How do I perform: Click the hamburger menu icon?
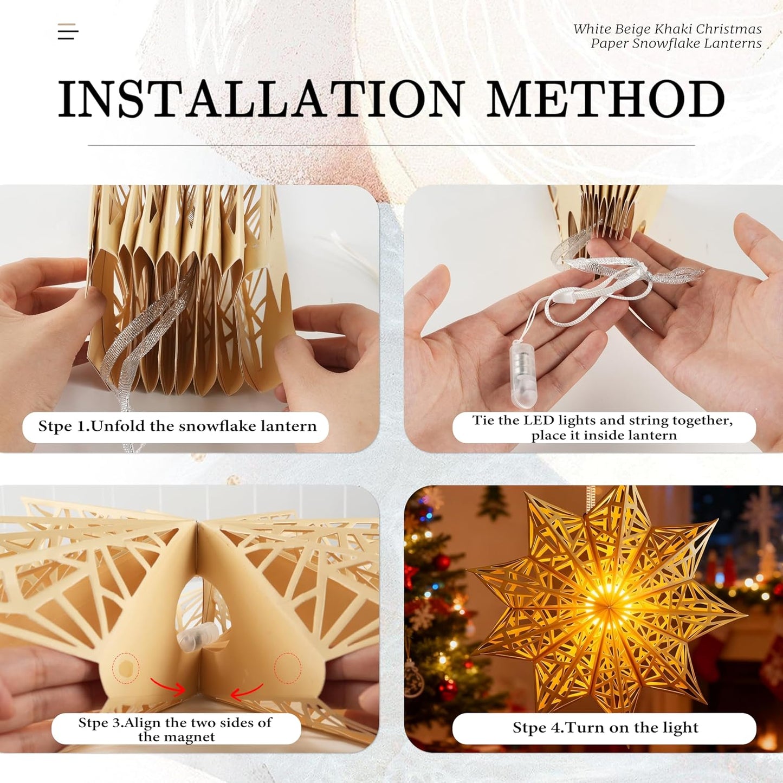pyautogui.click(x=68, y=31)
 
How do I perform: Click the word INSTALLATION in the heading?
pyautogui.click(x=261, y=99)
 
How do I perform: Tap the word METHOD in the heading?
pyautogui.click(x=605, y=99)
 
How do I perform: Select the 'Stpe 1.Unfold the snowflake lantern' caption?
pyautogui.click(x=177, y=426)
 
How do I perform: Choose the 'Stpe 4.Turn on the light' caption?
pyautogui.click(x=605, y=728)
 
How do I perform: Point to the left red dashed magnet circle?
pyautogui.click(x=126, y=668)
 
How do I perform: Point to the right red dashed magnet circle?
pyautogui.click(x=288, y=668)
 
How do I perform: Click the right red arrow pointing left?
pyautogui.click(x=247, y=691)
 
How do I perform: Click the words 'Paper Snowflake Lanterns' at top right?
pyautogui.click(x=676, y=43)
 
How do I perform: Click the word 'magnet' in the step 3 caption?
pyautogui.click(x=192, y=737)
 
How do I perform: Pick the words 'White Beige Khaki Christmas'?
pyautogui.click(x=667, y=29)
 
